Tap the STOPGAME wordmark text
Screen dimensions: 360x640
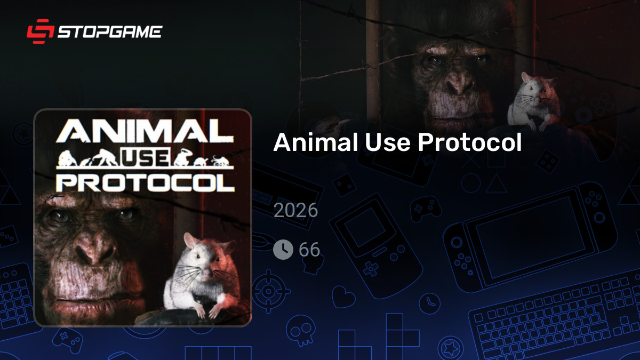pos(109,31)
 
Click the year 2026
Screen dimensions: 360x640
pos(295,210)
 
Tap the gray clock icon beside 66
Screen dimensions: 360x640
pos(283,249)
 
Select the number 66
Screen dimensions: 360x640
pos(309,249)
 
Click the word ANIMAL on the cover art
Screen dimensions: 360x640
pos(144,132)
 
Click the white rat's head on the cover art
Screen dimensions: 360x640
pos(203,256)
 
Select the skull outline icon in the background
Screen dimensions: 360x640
pos(298,331)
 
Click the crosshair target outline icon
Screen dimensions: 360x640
pos(270,291)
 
